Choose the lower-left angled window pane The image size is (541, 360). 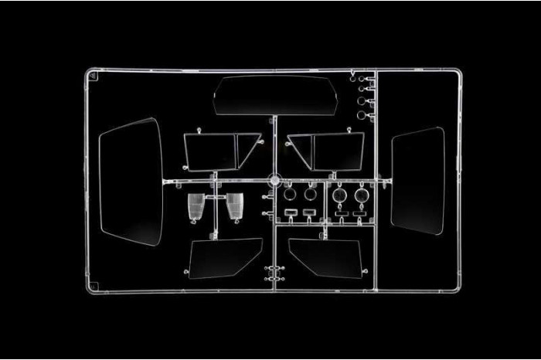coord(226,258)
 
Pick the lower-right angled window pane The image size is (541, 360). coord(325,258)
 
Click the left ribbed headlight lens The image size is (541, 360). coord(197,206)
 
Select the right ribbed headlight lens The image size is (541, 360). coord(234,206)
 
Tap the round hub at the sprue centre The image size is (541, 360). coord(273,181)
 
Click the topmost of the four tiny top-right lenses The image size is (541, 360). coord(361,77)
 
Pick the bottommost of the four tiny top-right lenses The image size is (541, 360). coord(361,115)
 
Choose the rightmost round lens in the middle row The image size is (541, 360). coord(361,196)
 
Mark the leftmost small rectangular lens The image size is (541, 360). coord(291,211)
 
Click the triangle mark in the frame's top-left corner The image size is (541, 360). coord(93,76)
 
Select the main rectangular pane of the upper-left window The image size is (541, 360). coord(209,150)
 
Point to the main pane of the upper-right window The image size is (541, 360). coord(337,150)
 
